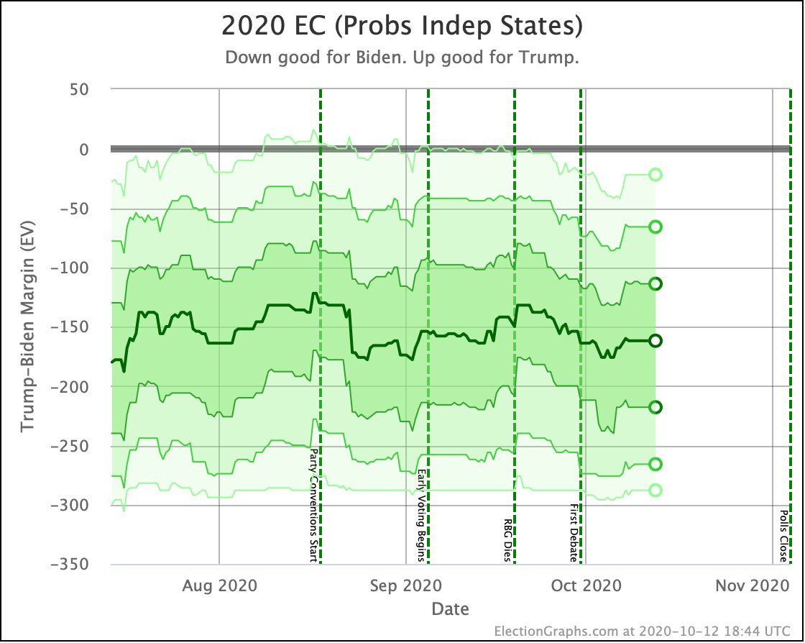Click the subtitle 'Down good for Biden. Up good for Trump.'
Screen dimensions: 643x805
point(402,58)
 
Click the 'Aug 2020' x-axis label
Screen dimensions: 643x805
point(218,585)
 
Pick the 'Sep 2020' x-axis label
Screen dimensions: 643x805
point(406,585)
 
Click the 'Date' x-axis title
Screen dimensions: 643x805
point(450,609)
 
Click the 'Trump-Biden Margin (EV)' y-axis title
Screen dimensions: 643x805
point(27,327)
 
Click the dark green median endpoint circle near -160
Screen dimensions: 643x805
point(655,340)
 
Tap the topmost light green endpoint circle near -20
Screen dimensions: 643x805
point(655,175)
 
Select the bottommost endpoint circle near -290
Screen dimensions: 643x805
point(655,490)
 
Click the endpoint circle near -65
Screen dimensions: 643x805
point(655,227)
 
